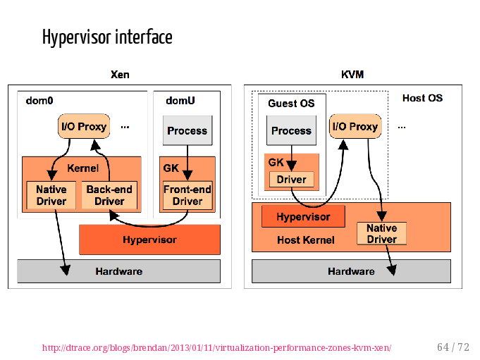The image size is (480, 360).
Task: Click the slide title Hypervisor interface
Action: coord(107,37)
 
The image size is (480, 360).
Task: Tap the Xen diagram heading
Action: coord(120,75)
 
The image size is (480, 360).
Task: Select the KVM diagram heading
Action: coord(352,75)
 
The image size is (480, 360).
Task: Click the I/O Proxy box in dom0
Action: coord(84,126)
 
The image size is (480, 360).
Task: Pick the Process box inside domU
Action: coord(187,130)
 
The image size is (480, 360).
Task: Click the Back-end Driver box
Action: coord(109,195)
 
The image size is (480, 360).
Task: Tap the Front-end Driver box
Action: coord(187,195)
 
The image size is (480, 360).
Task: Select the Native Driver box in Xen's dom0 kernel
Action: coord(51,195)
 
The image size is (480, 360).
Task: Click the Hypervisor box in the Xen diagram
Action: coord(149,240)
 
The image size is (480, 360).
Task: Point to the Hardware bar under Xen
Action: coord(119,271)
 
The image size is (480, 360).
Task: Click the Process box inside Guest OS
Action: coord(291,130)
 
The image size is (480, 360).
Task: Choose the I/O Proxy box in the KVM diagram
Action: coord(355,126)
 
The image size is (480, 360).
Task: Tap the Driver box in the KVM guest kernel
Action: coord(291,179)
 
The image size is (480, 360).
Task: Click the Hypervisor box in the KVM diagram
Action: coord(303,216)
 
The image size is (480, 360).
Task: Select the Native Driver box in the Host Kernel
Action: coord(382,233)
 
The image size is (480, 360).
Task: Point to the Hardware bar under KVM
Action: coord(351,271)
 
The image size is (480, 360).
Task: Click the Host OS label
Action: coord(422,98)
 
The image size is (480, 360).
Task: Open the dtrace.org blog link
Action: coord(216,348)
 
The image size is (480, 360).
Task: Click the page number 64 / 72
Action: coord(453,347)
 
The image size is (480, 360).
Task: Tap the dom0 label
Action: coord(39,101)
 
